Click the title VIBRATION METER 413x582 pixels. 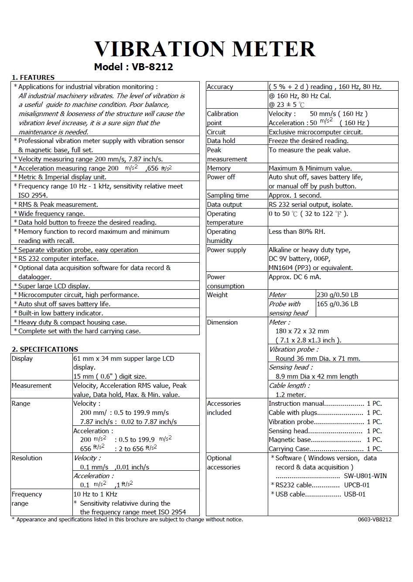pyautogui.click(x=205, y=49)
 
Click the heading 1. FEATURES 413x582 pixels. pyautogui.click(x=33, y=78)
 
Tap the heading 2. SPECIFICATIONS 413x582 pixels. pyautogui.click(x=44, y=349)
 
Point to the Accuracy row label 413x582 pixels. pyautogui.click(x=220, y=87)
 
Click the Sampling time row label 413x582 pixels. pyautogui.click(x=228, y=195)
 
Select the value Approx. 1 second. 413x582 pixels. pyautogui.click(x=295, y=195)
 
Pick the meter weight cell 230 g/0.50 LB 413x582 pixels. pyautogui.click(x=337, y=295)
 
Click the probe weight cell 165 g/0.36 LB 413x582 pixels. pyautogui.click(x=337, y=304)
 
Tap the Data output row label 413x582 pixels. pyautogui.click(x=224, y=205)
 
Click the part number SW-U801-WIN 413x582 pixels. pyautogui.click(x=365, y=476)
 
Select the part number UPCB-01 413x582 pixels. pyautogui.click(x=357, y=485)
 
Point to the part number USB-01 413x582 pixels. pyautogui.click(x=355, y=494)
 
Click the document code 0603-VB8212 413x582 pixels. pyautogui.click(x=375, y=520)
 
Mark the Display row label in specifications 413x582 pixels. pyautogui.click(x=22, y=359)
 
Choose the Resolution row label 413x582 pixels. pyautogui.click(x=27, y=458)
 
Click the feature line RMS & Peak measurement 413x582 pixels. pyautogui.click(x=58, y=205)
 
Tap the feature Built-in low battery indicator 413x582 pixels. pyautogui.click(x=61, y=313)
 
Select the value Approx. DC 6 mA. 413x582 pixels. pyautogui.click(x=295, y=277)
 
